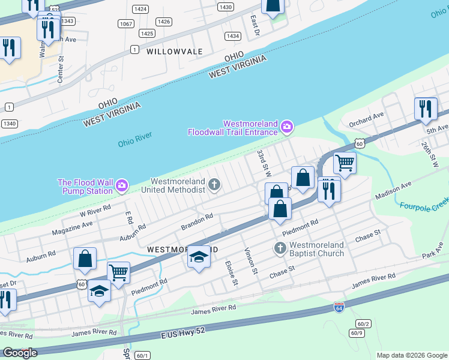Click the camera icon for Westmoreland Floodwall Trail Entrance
287,126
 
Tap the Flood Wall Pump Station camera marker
122,186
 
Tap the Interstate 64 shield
339,308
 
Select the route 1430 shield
226,7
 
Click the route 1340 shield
8,124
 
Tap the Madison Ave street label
393,191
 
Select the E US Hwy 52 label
192,332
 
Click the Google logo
20,353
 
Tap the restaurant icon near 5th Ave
425,109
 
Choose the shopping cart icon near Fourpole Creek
345,161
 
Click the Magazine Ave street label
72,229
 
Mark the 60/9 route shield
357,333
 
